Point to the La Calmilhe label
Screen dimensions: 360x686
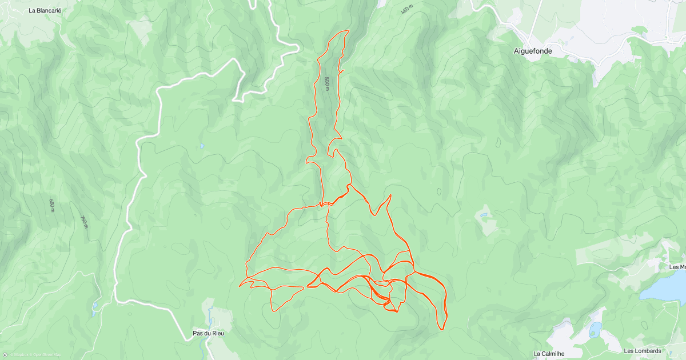pos(549,354)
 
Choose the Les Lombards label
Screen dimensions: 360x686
pos(643,351)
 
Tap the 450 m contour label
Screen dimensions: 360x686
pos(406,10)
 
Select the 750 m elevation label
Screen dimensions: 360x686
pos(84,221)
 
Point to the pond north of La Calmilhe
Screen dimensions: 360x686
pos(595,330)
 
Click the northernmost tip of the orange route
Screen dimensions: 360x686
pos(348,30)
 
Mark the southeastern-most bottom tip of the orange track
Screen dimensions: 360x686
pos(442,329)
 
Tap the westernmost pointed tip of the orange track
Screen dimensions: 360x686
pos(240,285)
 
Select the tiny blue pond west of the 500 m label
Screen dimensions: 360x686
pos(202,146)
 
